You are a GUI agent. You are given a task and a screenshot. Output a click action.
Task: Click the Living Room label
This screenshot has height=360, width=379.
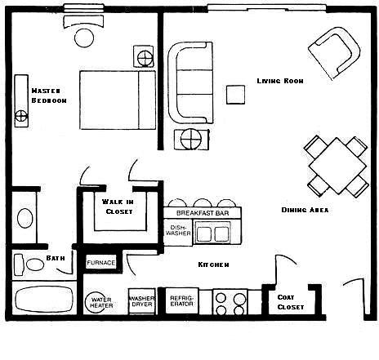(280, 81)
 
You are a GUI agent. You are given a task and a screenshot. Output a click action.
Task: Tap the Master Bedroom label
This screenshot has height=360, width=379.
(49, 96)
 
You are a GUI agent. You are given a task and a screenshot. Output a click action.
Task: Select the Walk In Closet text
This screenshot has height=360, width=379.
(118, 207)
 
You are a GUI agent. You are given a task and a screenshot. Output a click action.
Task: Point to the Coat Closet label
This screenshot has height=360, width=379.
(291, 302)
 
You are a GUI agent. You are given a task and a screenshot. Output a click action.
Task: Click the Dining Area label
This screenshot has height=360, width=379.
(305, 210)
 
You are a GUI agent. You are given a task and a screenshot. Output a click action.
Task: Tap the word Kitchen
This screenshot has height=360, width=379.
(213, 264)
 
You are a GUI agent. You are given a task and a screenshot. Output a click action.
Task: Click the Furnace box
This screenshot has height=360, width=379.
(101, 262)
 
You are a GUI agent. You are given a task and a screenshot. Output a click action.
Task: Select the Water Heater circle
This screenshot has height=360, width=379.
(96, 302)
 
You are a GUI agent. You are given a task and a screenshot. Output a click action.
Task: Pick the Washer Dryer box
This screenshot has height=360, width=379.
(142, 301)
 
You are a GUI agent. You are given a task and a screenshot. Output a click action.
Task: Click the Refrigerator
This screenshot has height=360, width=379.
(182, 300)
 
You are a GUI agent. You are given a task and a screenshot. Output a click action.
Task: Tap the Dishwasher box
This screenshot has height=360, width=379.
(178, 230)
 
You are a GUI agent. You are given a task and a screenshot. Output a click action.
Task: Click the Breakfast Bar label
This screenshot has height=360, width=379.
(203, 213)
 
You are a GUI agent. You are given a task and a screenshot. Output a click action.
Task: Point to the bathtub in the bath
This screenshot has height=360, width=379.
(44, 300)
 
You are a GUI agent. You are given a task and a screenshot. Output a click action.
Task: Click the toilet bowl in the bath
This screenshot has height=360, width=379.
(35, 264)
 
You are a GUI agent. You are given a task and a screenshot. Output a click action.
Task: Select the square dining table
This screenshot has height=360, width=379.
(337, 166)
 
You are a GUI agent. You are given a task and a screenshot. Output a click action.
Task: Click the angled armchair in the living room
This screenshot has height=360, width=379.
(334, 53)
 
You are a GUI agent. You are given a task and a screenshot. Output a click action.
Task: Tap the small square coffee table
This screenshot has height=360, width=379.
(235, 95)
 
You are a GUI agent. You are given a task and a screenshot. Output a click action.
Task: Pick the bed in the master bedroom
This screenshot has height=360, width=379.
(118, 100)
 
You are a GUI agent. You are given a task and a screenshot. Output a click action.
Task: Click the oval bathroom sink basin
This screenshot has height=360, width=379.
(25, 218)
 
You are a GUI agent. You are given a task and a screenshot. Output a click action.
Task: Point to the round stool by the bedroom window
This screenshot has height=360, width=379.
(84, 38)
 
